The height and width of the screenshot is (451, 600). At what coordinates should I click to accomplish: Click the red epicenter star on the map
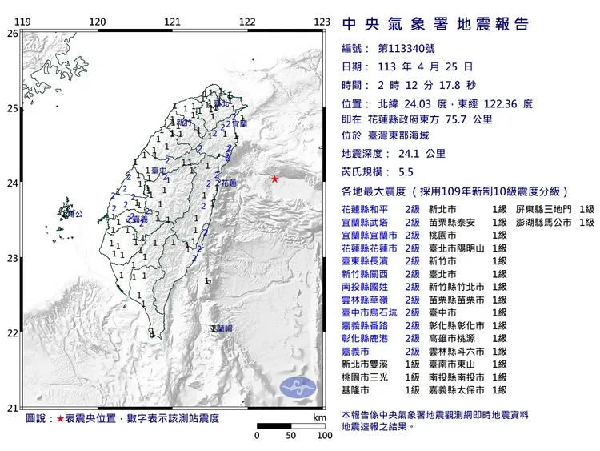(274, 179)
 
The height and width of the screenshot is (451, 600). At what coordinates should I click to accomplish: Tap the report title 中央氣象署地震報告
(435, 24)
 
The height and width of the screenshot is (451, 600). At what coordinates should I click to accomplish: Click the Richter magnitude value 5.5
(406, 172)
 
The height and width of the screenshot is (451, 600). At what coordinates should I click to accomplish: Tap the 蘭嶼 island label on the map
(222, 328)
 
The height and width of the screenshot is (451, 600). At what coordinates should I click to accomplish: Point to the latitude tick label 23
(11, 259)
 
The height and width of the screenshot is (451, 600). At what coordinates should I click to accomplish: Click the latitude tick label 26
(11, 34)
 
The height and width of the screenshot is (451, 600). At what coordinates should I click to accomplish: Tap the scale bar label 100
(324, 436)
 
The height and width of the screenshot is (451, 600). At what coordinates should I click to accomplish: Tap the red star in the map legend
(60, 419)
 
